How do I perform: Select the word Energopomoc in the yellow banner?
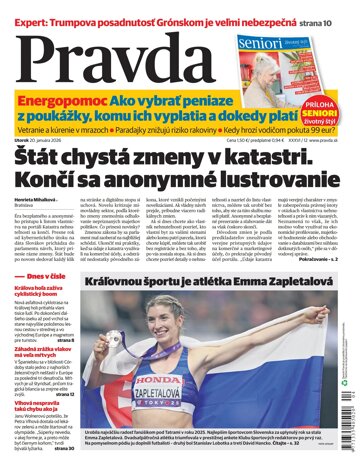tap(62, 102)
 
